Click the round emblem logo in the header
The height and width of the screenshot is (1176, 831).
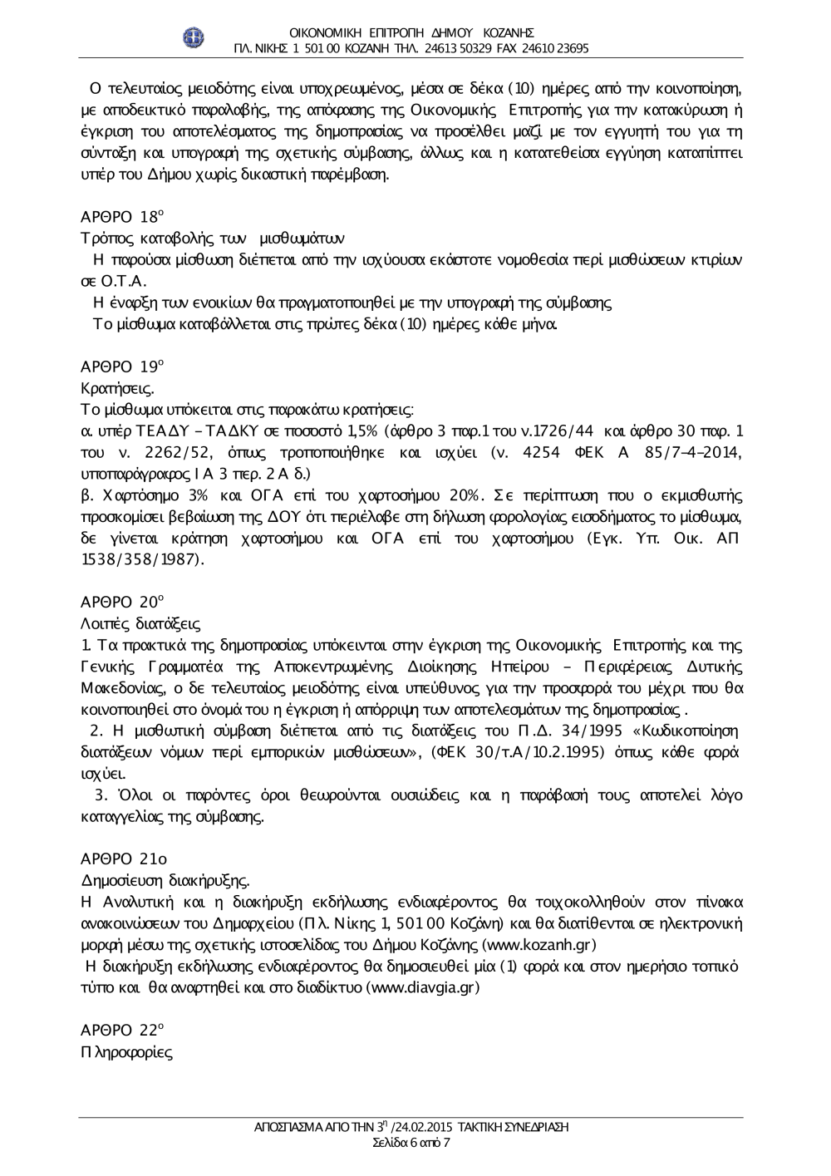(x=194, y=37)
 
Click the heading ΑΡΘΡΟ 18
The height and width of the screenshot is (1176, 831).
(x=120, y=218)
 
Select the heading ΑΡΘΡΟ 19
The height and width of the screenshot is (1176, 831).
(x=120, y=366)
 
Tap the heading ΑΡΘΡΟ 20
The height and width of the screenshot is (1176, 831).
(x=120, y=601)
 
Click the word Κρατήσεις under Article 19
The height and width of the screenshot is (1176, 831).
(x=117, y=387)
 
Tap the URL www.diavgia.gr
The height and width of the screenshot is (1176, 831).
(x=422, y=988)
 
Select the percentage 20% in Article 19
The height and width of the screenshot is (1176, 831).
(x=466, y=495)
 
